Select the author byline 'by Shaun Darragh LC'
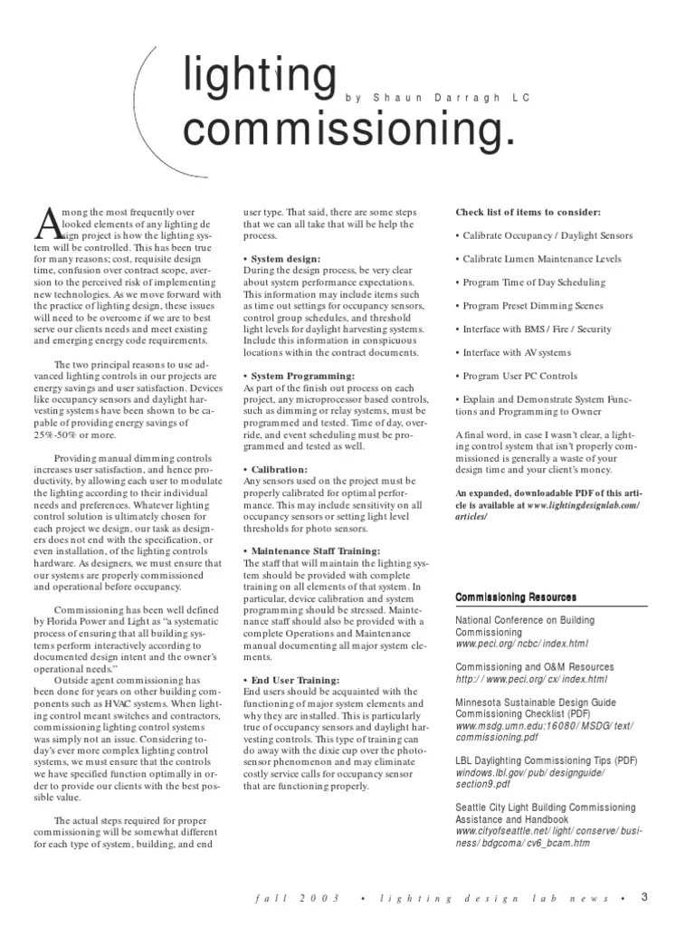tap(437, 97)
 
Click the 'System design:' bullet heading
tap(281, 258)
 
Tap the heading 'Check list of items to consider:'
tap(528, 212)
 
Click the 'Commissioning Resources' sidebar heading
tap(515, 597)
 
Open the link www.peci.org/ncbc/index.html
tap(521, 644)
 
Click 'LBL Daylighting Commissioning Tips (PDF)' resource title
tap(546, 760)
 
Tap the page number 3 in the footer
tap(644, 897)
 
